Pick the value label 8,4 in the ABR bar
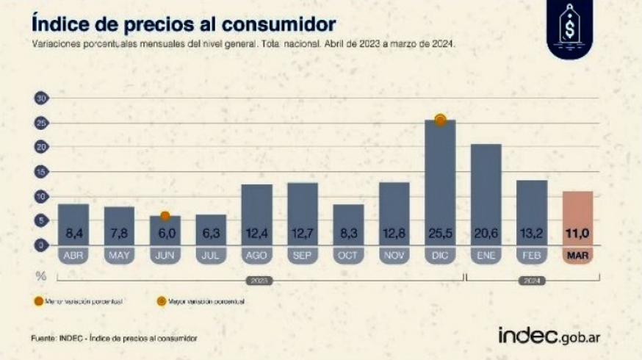[73, 234]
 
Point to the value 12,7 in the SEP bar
[303, 234]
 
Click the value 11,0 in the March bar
[577, 234]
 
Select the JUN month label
[165, 255]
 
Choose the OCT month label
[348, 255]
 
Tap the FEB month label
[532, 255]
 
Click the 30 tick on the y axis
[42, 98]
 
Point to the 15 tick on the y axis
[42, 172]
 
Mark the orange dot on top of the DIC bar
[440, 120]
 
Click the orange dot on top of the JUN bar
[165, 216]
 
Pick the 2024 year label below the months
[532, 280]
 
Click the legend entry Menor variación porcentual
[77, 301]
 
